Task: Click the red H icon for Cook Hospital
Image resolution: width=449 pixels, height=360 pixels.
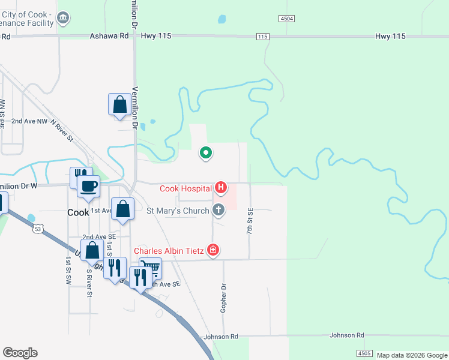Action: pyautogui.click(x=221, y=188)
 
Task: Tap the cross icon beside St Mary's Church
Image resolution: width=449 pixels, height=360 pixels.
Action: pyautogui.click(x=218, y=210)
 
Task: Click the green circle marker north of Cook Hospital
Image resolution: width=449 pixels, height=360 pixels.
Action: pyautogui.click(x=206, y=153)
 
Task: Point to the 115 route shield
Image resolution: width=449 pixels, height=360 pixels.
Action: pyautogui.click(x=262, y=37)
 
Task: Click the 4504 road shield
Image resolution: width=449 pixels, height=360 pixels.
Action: pyautogui.click(x=287, y=19)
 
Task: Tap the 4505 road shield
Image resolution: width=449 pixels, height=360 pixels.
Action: pyautogui.click(x=364, y=353)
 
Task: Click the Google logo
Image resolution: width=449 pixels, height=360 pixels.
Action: pyautogui.click(x=20, y=353)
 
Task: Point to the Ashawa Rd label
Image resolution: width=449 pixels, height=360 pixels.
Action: pyautogui.click(x=109, y=36)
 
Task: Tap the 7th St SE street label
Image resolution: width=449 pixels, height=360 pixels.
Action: pyautogui.click(x=250, y=221)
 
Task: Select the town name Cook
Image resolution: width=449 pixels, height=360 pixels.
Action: pyautogui.click(x=78, y=212)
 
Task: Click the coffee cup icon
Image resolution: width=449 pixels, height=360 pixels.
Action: pyautogui.click(x=89, y=185)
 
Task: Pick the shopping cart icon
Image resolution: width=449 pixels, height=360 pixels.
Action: pyautogui.click(x=151, y=268)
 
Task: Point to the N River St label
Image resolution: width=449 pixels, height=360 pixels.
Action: pyautogui.click(x=62, y=130)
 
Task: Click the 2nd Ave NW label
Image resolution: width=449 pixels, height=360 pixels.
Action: pyautogui.click(x=29, y=121)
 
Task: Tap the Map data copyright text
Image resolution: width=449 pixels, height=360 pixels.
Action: pyautogui.click(x=411, y=355)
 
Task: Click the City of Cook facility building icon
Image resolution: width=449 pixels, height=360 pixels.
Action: pyautogui.click(x=63, y=19)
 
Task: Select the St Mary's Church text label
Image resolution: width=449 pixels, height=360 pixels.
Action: pyautogui.click(x=178, y=211)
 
